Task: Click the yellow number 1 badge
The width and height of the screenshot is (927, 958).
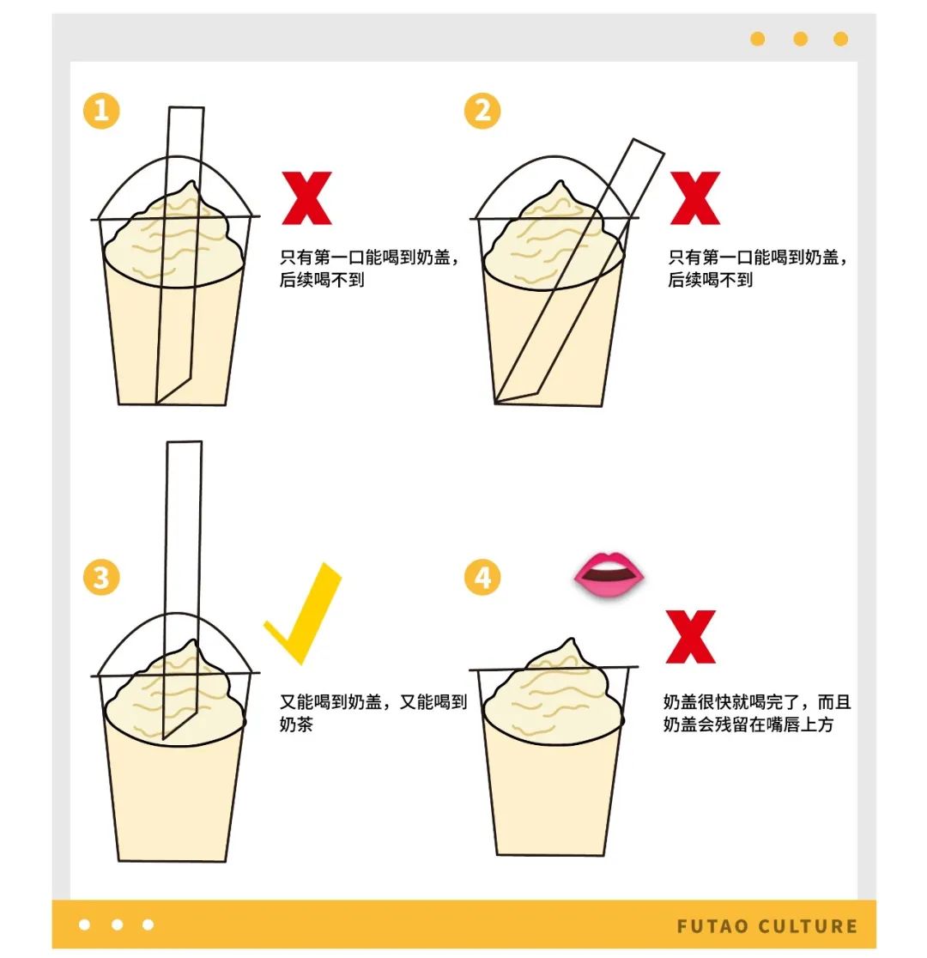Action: (100, 111)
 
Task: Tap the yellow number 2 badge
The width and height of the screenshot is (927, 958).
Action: (482, 111)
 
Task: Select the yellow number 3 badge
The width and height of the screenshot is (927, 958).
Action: (100, 578)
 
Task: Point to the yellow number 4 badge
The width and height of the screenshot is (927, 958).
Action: (482, 578)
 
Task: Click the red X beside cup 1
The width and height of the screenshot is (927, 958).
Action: (306, 198)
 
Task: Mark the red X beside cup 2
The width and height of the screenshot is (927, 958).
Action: (694, 198)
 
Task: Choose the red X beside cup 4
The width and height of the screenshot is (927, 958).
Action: (690, 637)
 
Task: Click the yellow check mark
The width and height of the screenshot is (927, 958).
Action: (303, 614)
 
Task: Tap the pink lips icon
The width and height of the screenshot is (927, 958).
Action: (609, 575)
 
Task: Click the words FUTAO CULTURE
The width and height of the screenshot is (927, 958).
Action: (766, 926)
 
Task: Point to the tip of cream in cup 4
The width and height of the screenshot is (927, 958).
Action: (572, 640)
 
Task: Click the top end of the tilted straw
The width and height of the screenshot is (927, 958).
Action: (648, 145)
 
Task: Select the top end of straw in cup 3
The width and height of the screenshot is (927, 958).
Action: (184, 442)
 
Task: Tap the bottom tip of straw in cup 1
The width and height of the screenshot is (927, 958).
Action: (157, 403)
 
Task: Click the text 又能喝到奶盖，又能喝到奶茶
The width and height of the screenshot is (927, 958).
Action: (373, 713)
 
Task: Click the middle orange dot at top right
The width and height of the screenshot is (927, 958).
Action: (800, 39)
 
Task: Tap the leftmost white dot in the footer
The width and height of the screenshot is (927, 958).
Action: (85, 925)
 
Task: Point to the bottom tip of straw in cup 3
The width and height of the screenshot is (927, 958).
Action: (164, 738)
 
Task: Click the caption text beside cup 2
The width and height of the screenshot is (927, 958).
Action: (758, 268)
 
